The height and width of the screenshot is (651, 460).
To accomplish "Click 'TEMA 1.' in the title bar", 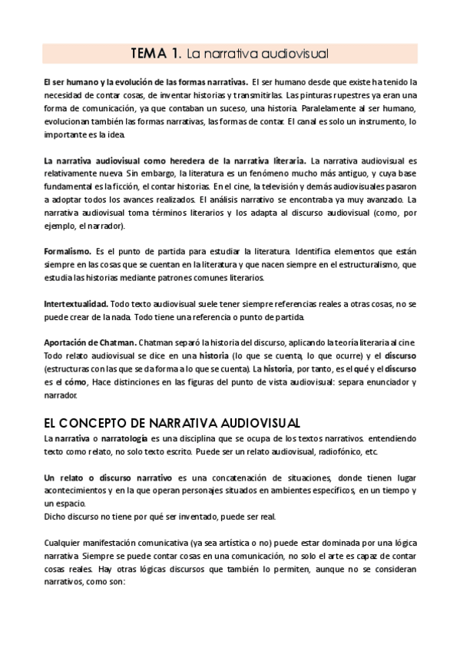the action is [x=156, y=53].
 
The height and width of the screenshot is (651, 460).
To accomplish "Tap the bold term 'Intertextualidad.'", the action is [x=76, y=305].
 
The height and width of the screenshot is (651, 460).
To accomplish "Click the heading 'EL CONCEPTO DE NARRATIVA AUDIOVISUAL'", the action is [x=172, y=423].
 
